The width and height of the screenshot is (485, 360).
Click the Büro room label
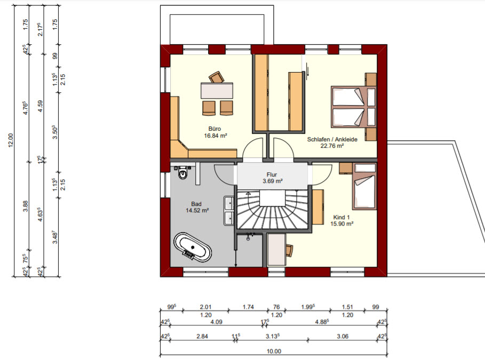(214, 129)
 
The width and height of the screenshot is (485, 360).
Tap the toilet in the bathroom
(184, 173)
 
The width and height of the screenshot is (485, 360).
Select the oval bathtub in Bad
(193, 247)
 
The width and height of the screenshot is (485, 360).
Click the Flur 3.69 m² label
(272, 178)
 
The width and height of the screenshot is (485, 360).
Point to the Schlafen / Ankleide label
(332, 139)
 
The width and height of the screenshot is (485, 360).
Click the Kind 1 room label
(341, 217)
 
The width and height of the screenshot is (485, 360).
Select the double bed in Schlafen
(354, 107)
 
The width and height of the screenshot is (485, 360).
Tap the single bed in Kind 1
(364, 186)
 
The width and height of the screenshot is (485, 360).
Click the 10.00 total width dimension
(274, 351)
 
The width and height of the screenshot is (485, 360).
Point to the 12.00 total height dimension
(11, 140)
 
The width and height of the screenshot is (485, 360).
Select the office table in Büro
(217, 90)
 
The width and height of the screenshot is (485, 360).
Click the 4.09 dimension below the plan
(216, 322)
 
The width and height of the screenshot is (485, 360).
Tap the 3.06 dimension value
(343, 336)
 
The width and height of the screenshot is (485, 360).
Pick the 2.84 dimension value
(202, 336)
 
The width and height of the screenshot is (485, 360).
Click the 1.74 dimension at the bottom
(248, 307)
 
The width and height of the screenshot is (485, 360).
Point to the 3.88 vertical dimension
(26, 206)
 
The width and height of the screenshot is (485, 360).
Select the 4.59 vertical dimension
(40, 106)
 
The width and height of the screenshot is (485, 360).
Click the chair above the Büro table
(216, 77)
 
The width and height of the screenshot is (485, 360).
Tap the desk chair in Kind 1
(289, 250)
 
